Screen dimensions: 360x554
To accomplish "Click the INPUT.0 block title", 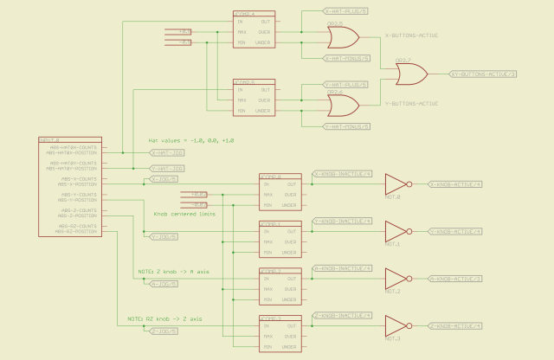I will point(50,139).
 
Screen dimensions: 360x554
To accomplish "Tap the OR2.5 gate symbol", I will point(342,36).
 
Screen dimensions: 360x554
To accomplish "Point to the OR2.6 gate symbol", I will point(342,105).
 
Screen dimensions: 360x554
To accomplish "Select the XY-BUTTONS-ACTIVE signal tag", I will point(484,75).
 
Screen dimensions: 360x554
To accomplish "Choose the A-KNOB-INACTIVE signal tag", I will point(343,268).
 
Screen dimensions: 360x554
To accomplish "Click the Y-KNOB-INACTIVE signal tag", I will point(343,221).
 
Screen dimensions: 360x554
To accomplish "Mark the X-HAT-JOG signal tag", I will point(167,153).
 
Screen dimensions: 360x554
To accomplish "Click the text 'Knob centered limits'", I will point(184,214).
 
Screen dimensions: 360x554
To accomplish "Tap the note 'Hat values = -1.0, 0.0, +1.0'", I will point(191,140).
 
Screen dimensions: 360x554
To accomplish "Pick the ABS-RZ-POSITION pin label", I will point(76,231).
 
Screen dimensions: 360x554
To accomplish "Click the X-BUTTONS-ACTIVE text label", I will point(411,37).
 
